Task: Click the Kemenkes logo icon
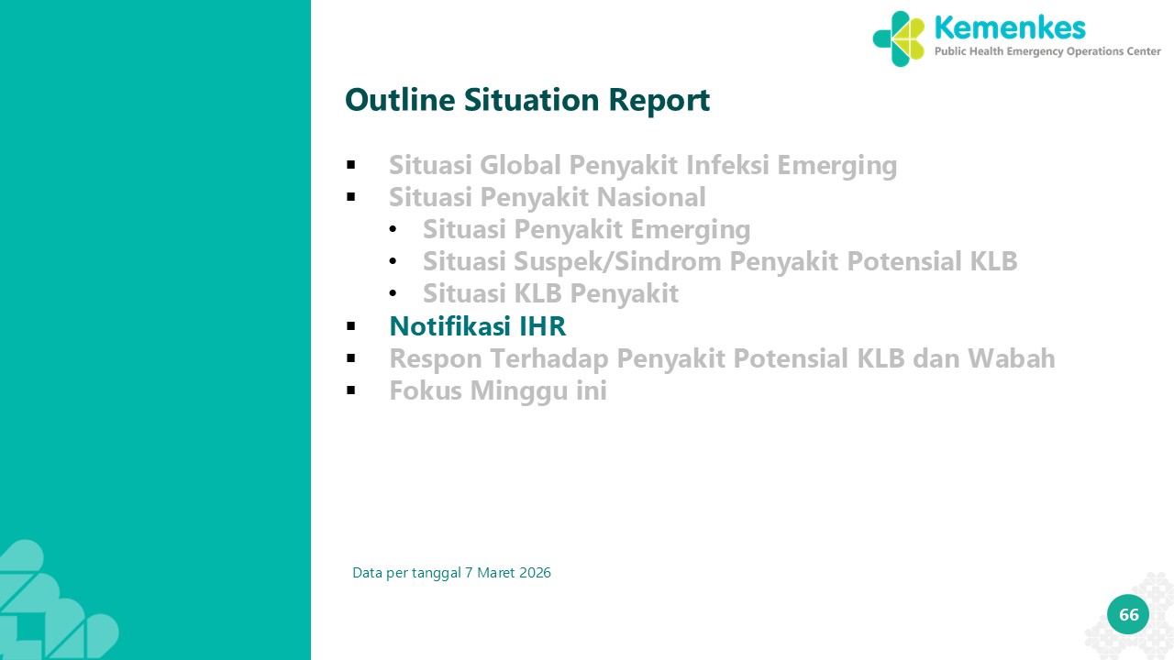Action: pyautogui.click(x=899, y=38)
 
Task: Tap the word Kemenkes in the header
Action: pyautogui.click(x=1010, y=27)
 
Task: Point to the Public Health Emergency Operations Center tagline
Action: pyautogui.click(x=1047, y=51)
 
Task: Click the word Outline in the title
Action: pyautogui.click(x=400, y=100)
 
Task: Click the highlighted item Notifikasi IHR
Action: pyautogui.click(x=478, y=325)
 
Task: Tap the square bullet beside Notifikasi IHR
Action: pyautogui.click(x=351, y=326)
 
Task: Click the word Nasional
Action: pyautogui.click(x=651, y=197)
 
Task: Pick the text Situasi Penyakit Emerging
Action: pyautogui.click(x=586, y=230)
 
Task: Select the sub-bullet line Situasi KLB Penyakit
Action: pyautogui.click(x=550, y=294)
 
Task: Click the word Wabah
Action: pyautogui.click(x=1011, y=358)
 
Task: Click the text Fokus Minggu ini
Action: pyautogui.click(x=498, y=391)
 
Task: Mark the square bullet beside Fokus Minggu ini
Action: pyautogui.click(x=351, y=390)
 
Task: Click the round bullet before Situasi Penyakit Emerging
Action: pyautogui.click(x=393, y=229)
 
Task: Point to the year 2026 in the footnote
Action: pyautogui.click(x=535, y=573)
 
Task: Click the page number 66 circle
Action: pyautogui.click(x=1128, y=614)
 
